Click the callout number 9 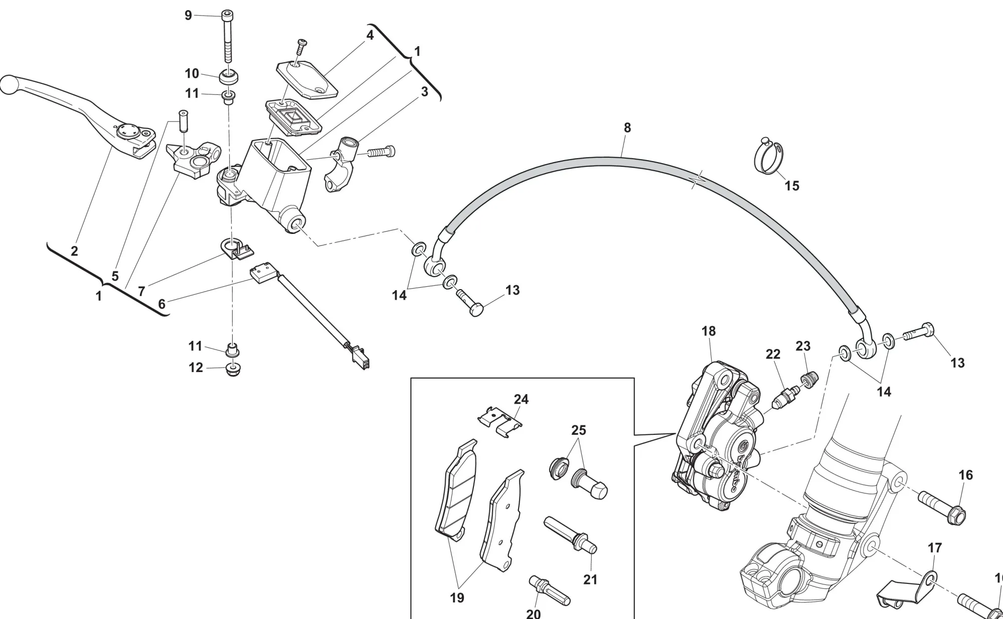[188, 16]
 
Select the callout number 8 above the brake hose [627, 128]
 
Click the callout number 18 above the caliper [708, 331]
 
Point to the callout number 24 [521, 400]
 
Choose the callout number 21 [590, 580]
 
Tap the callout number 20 [534, 613]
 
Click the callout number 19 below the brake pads [457, 598]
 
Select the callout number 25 [578, 430]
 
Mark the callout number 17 [935, 548]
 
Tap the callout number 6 [161, 304]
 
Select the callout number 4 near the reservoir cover [370, 36]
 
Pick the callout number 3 [424, 92]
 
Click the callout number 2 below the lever [74, 251]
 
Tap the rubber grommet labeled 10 [229, 77]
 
